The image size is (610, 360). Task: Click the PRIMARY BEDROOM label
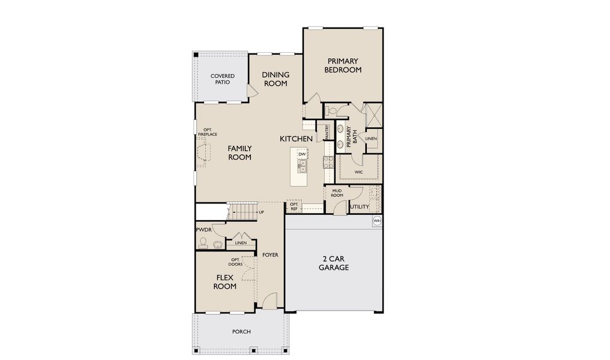coord(343,65)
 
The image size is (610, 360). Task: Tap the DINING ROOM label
coord(276,79)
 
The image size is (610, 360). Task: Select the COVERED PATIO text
coord(222,79)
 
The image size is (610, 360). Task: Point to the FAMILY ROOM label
coord(240,152)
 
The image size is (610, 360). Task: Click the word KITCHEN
coord(296,139)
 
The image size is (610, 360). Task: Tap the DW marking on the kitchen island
coord(302,155)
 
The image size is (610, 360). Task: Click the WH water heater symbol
coord(377,221)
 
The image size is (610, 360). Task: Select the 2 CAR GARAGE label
coord(334,263)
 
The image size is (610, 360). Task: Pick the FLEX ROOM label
coord(226,282)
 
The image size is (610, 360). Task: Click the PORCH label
coord(241,332)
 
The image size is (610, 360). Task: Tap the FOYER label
coord(270,255)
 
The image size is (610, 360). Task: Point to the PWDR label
coord(203,230)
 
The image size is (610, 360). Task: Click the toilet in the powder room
coord(204,243)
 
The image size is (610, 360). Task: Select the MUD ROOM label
coord(337,193)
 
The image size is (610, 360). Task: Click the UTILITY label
coord(360,207)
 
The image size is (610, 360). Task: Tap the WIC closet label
coord(358,172)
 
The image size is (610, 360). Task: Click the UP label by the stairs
coord(261,212)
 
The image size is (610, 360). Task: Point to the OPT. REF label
coord(294,206)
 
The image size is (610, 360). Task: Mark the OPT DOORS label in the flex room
coord(235,262)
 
